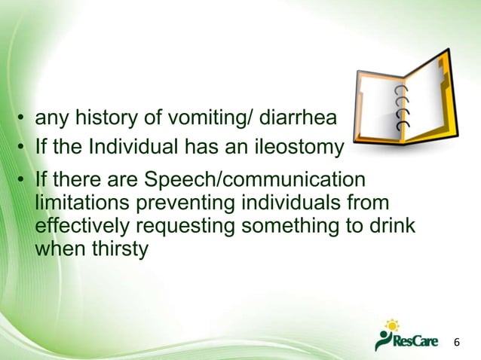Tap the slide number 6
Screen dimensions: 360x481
point(455,343)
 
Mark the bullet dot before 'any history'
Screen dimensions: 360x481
point(24,119)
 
